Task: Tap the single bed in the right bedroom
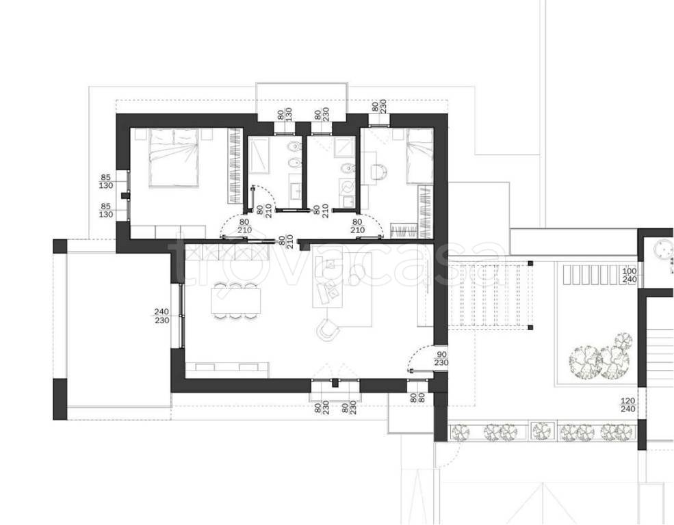419,156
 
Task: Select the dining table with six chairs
236,301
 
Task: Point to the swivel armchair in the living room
328,329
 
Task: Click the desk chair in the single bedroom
380,172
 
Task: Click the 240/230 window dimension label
161,316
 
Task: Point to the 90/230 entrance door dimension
441,358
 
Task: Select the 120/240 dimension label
628,405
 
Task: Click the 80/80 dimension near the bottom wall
417,398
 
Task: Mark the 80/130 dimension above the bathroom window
285,114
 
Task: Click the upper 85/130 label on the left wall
106,181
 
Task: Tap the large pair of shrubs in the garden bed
601,357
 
